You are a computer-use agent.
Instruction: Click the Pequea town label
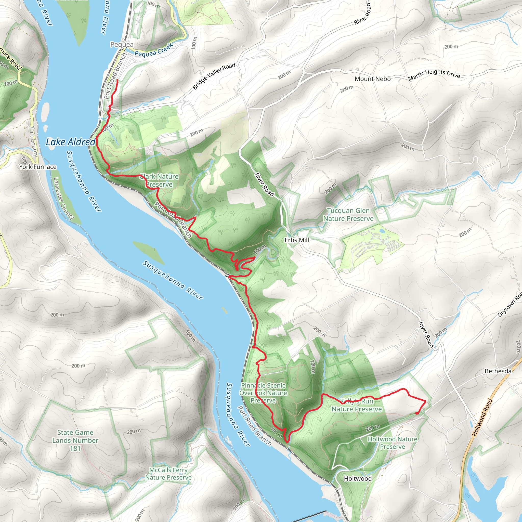click(x=122, y=44)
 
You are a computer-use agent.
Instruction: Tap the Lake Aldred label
click(x=71, y=142)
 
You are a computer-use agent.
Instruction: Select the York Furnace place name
click(x=38, y=167)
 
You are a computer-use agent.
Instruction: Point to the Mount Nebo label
click(x=373, y=79)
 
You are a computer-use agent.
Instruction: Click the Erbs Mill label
click(x=297, y=240)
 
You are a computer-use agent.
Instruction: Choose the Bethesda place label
click(x=498, y=371)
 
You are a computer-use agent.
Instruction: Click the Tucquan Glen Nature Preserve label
click(x=348, y=215)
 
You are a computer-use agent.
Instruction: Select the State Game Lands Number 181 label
click(x=75, y=440)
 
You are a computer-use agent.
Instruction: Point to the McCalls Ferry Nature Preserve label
click(x=168, y=474)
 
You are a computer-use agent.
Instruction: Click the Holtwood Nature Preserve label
click(x=392, y=443)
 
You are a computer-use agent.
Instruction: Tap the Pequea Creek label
click(x=154, y=50)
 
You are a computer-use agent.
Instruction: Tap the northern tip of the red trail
click(x=117, y=80)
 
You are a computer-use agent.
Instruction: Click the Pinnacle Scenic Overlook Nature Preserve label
click(x=263, y=393)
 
